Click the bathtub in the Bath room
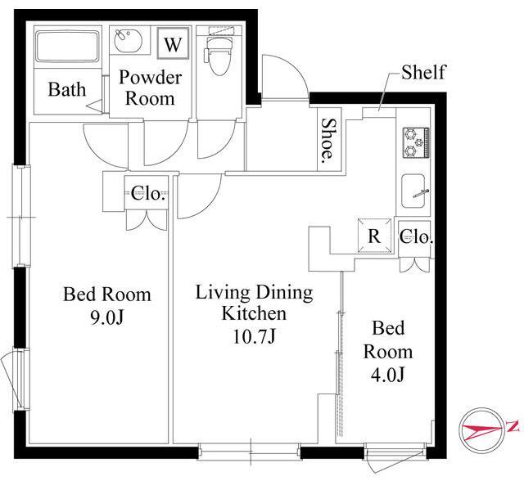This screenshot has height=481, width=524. (x=67, y=47)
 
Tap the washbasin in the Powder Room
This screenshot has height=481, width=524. (x=129, y=40)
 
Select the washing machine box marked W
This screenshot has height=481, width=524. (x=173, y=43)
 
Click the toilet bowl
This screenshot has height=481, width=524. (x=219, y=56)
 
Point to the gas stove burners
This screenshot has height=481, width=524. (x=416, y=142)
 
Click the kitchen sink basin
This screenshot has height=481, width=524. (x=413, y=191)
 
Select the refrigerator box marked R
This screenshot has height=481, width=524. (x=374, y=236)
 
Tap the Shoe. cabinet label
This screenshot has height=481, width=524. (x=328, y=138)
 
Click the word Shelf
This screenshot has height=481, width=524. (x=423, y=72)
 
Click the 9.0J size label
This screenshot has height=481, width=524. (x=107, y=317)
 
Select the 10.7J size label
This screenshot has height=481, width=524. (x=254, y=336)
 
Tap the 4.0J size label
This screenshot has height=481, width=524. (x=388, y=374)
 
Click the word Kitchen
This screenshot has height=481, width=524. (x=254, y=313)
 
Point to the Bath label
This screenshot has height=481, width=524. (x=67, y=89)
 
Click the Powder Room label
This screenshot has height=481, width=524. (x=151, y=88)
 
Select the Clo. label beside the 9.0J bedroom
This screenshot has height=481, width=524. (x=148, y=193)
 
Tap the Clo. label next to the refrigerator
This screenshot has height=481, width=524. (x=416, y=236)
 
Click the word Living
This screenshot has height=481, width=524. (x=222, y=293)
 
